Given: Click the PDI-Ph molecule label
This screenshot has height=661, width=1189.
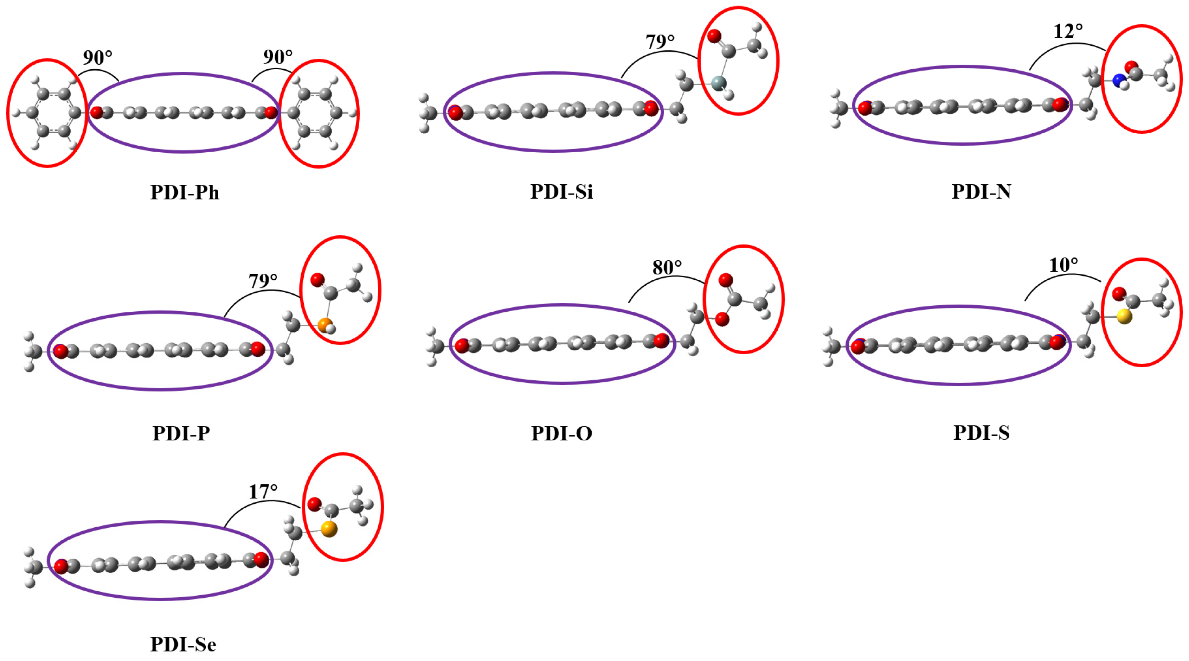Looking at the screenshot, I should (x=185, y=192).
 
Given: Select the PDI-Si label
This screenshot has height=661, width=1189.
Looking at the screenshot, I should (x=561, y=191).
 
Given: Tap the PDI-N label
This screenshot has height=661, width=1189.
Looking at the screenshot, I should (x=981, y=191).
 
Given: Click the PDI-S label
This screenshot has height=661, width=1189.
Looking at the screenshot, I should (x=981, y=432).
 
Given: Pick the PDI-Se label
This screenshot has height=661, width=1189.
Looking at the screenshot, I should (x=183, y=644).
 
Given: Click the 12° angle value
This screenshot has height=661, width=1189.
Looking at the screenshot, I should (x=1068, y=31).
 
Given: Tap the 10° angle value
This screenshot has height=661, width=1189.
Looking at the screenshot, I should (x=1063, y=265).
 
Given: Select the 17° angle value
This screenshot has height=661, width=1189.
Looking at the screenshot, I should (x=263, y=491).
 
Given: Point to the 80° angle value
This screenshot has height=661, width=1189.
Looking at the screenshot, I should (x=667, y=267).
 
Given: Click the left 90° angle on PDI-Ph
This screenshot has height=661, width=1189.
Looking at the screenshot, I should (x=97, y=58).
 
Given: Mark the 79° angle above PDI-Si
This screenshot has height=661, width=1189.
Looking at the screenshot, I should (x=660, y=42).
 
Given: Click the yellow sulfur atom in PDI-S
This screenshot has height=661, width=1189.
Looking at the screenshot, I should (x=1124, y=316).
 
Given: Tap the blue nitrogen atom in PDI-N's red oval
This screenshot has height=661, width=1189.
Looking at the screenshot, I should (x=1119, y=80).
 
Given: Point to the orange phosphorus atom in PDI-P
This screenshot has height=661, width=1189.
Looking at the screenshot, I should (x=325, y=325).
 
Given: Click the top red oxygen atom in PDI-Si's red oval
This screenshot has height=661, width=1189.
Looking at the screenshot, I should (x=714, y=36).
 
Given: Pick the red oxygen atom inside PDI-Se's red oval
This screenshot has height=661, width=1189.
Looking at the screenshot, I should (x=314, y=504).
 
